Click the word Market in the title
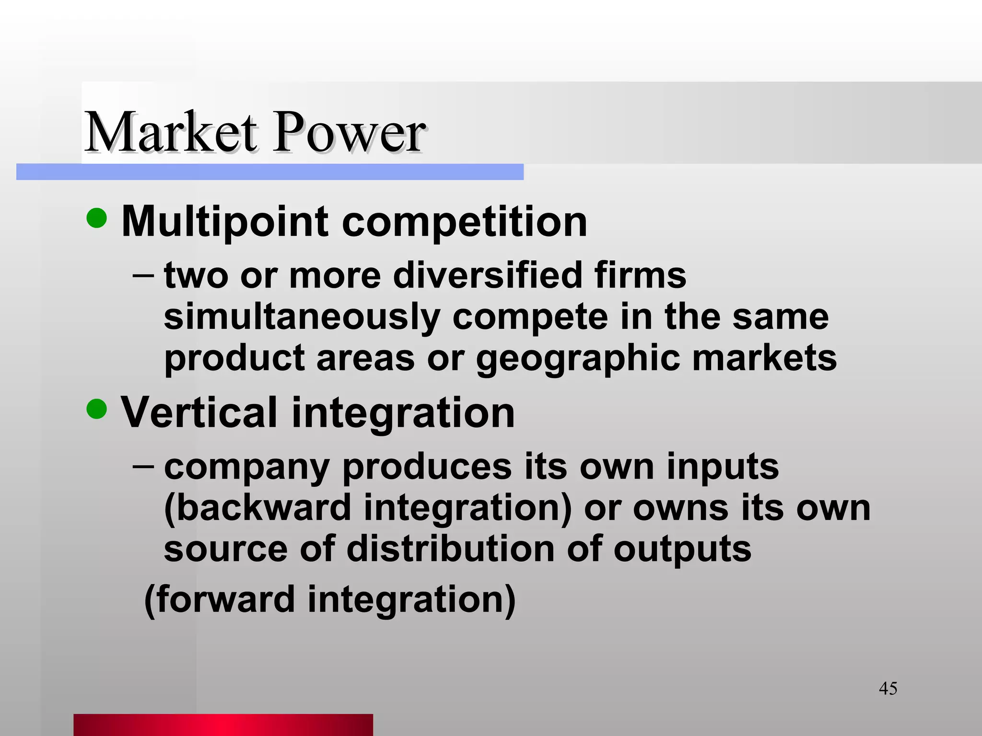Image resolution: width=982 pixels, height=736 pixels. (x=171, y=132)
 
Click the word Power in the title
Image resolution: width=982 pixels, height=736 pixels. (x=349, y=132)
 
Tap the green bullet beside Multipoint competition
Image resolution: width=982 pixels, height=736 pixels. (x=97, y=218)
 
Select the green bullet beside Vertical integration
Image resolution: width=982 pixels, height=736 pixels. (x=97, y=409)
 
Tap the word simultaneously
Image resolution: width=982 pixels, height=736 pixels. (x=302, y=317)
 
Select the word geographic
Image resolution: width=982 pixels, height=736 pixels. (x=578, y=358)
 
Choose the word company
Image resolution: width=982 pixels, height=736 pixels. (x=246, y=468)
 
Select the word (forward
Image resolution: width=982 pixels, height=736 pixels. (x=220, y=599)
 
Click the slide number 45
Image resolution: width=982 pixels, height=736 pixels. (x=888, y=689)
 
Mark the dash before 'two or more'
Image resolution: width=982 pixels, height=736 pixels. (x=143, y=276)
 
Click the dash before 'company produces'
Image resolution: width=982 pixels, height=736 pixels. (x=143, y=466)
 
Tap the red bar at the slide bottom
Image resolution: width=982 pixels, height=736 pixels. (x=223, y=724)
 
